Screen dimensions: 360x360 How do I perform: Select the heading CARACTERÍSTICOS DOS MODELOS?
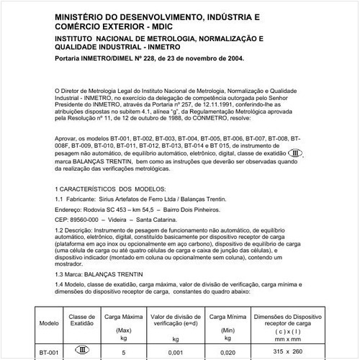pos(116,188)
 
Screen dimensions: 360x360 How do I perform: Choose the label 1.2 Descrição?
pos(76,230)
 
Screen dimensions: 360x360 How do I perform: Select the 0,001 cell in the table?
pos(176,351)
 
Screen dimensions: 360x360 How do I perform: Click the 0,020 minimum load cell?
pos(228,351)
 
